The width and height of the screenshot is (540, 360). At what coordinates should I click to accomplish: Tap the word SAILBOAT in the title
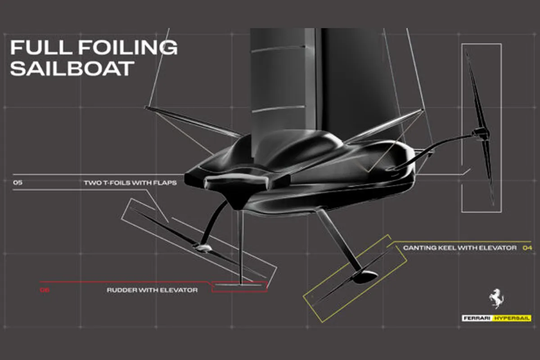[72, 68]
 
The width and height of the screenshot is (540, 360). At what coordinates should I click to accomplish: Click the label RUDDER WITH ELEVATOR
[152, 290]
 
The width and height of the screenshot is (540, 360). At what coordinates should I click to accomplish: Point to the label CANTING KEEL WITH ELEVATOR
[460, 248]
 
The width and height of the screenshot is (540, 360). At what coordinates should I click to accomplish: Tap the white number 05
[18, 183]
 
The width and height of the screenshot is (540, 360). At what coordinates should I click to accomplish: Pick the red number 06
[44, 290]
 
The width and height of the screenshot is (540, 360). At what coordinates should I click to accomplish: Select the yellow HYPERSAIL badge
[513, 319]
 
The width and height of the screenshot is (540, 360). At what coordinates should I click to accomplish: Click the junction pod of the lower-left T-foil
[202, 247]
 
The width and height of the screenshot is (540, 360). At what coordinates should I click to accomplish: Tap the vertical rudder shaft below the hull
[241, 247]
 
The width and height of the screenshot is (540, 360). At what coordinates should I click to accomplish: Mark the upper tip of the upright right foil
[467, 52]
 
